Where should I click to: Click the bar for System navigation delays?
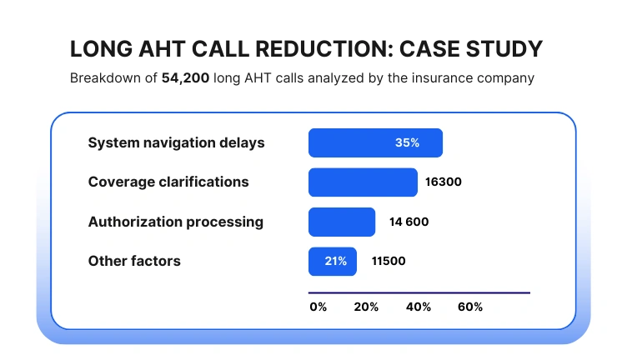pos(375,142)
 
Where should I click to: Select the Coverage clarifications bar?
pos(363,182)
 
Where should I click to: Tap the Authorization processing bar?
pos(342,222)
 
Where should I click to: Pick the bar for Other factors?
pos(333,262)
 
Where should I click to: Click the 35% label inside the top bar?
pos(407,142)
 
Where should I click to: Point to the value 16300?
pos(443,182)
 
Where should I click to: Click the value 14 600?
pos(409,222)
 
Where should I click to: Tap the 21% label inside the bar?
pos(335,262)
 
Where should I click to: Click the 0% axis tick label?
pos(319,307)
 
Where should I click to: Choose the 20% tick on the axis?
pos(366,307)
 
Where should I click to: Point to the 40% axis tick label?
pos(419,307)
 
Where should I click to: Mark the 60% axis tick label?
pos(470,307)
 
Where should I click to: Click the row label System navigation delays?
pos(176,142)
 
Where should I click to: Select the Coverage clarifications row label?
pos(168,182)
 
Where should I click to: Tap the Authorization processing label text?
pos(176,222)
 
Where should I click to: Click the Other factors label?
pos(134,262)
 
